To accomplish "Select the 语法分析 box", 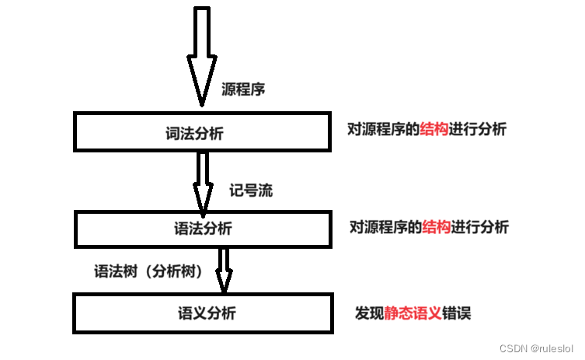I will coord(202,229).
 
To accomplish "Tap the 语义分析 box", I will coord(202,313).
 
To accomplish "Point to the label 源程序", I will coord(243,89).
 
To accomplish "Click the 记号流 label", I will coord(250,190).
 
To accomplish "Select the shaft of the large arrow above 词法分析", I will coord(202,35).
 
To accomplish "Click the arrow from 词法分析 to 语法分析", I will coord(202,180).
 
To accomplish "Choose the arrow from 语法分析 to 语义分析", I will coord(224,268).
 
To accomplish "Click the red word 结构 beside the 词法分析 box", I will coord(434,130).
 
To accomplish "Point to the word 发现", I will coord(369,313).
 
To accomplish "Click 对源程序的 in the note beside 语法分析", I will coord(385,227).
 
